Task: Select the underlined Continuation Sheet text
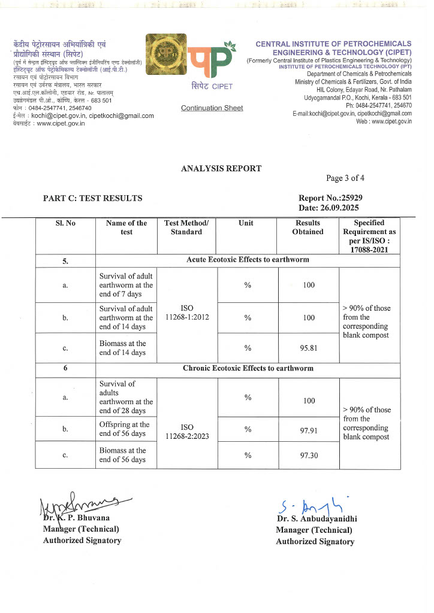(x=212, y=108)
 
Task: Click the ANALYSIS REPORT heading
(x=221, y=168)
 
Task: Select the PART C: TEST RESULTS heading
(x=92, y=198)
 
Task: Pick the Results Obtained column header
(x=308, y=227)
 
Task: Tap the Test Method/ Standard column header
(x=186, y=227)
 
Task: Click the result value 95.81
(x=308, y=348)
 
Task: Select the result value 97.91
(x=308, y=429)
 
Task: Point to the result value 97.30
(x=308, y=456)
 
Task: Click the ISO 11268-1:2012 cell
(x=186, y=312)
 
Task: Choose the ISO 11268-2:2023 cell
(x=186, y=433)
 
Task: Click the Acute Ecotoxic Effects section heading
(x=247, y=260)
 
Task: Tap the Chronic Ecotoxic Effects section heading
(x=248, y=368)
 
